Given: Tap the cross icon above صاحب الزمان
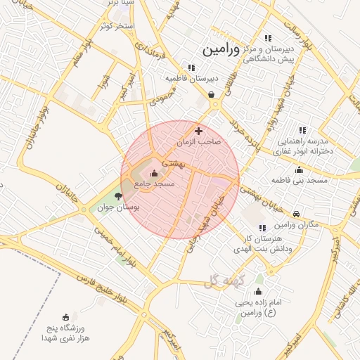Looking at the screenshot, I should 198,131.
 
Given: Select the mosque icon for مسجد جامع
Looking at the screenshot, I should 154,172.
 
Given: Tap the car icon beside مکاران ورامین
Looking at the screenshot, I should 297,214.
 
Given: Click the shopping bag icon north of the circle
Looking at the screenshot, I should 212,94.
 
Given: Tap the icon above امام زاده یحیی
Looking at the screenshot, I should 258,292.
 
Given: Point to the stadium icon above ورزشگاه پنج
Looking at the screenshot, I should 66,317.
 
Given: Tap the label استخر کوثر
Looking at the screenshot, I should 117,26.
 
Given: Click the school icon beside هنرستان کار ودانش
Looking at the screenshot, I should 262,228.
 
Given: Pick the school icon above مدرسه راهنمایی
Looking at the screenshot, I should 302,130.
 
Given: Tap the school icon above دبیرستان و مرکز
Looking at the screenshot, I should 267,38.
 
